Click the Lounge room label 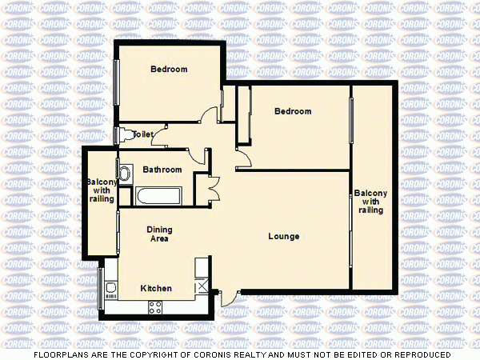(284, 236)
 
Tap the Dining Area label (159, 234)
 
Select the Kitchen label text (156, 288)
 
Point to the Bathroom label (162, 170)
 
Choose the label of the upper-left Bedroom (169, 70)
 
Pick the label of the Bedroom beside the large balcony (292, 111)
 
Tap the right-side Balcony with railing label (370, 202)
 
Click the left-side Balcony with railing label (101, 190)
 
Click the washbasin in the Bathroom (125, 173)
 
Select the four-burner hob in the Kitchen (155, 305)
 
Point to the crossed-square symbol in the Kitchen (202, 287)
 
